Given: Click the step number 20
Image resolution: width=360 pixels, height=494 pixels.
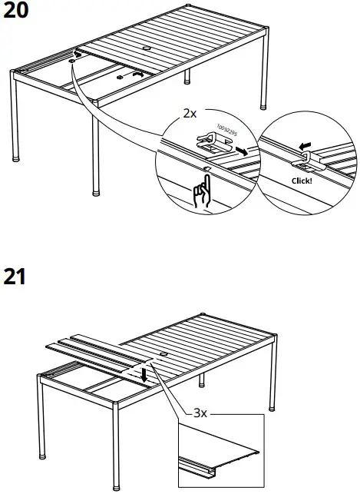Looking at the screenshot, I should click(x=17, y=13).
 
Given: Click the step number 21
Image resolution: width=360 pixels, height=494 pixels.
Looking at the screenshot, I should click(x=15, y=276).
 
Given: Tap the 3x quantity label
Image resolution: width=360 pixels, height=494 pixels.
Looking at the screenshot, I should click(x=200, y=412).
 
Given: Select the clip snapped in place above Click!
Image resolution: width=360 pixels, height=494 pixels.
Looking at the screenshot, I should click(x=304, y=160).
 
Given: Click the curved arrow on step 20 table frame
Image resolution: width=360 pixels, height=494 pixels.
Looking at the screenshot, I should click(x=137, y=74).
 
